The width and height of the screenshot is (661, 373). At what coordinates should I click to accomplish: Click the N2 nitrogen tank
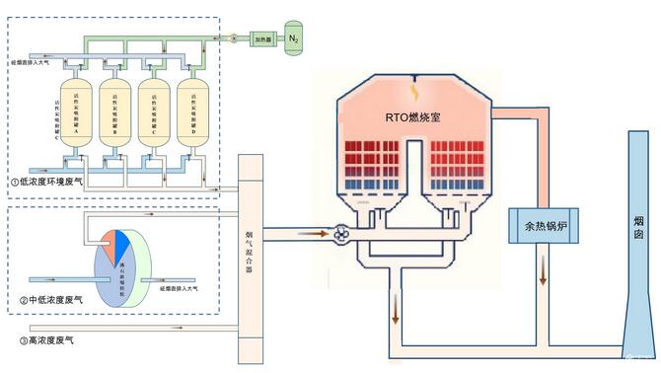coord(293,38)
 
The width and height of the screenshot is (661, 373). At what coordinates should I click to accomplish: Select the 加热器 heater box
coord(260,38)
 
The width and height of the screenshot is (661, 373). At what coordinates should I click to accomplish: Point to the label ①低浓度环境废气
coord(53,183)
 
